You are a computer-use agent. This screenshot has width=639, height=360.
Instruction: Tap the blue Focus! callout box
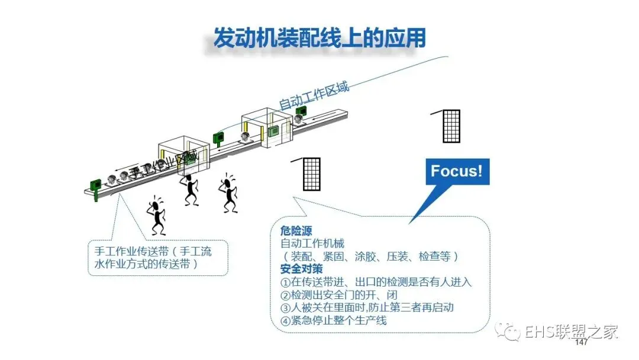(x=456, y=171)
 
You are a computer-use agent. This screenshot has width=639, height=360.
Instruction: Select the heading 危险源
(x=296, y=230)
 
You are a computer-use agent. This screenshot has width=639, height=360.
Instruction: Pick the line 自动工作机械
(x=312, y=243)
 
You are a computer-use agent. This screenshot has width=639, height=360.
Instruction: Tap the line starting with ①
(x=376, y=282)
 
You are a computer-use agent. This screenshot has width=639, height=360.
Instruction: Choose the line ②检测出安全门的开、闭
(x=338, y=295)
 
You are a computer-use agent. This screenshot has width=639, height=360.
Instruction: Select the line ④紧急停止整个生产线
(x=333, y=321)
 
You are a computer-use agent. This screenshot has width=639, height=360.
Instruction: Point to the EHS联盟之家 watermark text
(x=571, y=332)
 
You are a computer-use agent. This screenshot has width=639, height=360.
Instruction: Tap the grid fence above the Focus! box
(x=451, y=126)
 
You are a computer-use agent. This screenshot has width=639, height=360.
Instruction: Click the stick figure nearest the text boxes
(x=156, y=216)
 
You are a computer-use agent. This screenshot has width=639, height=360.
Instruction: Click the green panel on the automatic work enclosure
(x=273, y=130)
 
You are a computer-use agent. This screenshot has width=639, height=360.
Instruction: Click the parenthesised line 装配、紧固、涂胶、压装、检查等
(x=367, y=256)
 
